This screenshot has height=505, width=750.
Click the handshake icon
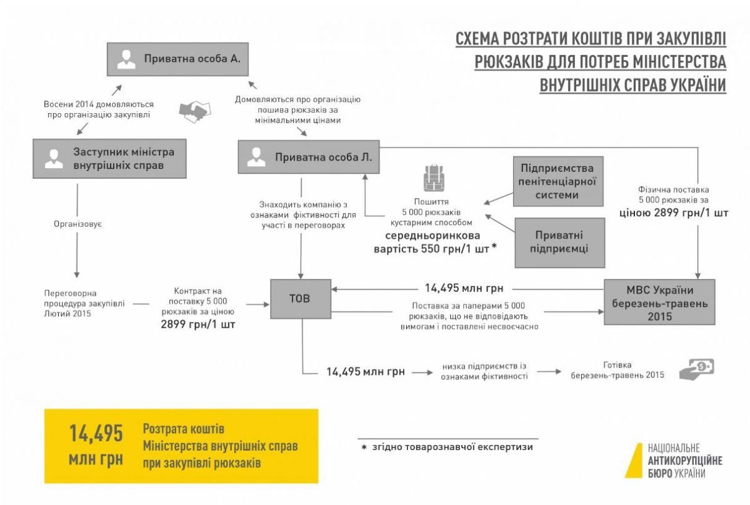pos(195,111)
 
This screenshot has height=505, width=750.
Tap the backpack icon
pos(434,178)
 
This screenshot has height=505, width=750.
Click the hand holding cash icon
pos(696,369)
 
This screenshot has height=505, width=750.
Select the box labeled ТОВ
pos(301,299)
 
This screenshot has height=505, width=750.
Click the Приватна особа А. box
pos(177,59)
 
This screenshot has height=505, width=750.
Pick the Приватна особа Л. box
pos(309,157)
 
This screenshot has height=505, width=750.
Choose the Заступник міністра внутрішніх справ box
pos(109,159)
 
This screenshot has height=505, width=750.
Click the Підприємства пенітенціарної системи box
pos(558,181)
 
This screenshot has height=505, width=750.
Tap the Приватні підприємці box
pos(560,242)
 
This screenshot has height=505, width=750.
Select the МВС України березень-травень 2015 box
pos(659,302)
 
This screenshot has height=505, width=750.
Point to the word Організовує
pos(77,224)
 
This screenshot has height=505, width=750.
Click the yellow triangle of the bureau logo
pos(634,461)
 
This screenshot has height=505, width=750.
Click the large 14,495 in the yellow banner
pos(96,434)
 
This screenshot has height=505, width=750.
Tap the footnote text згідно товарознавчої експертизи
pos(452,447)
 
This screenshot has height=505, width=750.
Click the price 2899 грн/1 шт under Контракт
pos(198,324)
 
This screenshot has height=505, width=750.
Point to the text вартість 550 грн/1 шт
pos(431,249)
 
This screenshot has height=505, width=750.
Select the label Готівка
pos(617,364)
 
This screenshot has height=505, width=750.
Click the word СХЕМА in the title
pos(476,39)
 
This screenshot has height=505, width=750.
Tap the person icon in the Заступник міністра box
pos(54,159)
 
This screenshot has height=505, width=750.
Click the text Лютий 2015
pos(67,314)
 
